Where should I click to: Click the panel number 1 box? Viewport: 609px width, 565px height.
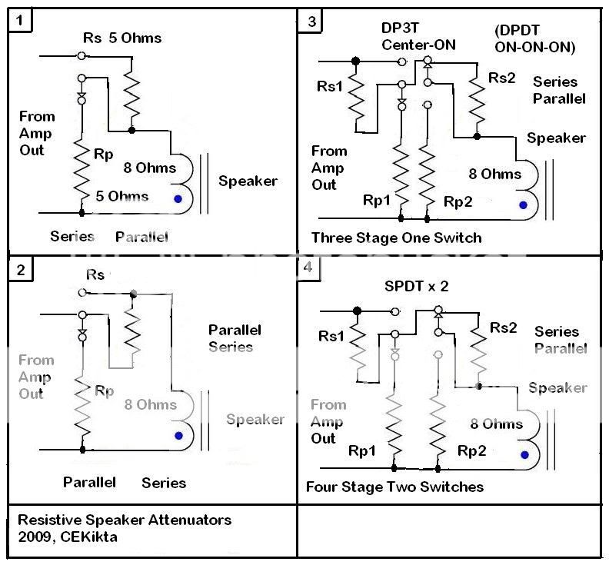(x=21, y=20)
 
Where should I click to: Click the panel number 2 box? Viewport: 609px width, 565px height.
(x=21, y=269)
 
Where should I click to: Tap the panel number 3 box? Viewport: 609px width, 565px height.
(x=311, y=21)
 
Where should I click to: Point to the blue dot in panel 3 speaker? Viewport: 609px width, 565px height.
(x=523, y=204)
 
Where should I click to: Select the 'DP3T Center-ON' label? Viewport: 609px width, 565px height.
(x=418, y=36)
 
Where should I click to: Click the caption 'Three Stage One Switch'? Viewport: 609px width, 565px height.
(x=396, y=237)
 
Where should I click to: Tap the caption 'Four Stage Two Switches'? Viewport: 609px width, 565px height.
(x=394, y=487)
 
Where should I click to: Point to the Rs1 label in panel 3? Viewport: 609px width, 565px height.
(x=330, y=86)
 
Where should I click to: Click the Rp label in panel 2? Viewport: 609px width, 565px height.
(x=104, y=391)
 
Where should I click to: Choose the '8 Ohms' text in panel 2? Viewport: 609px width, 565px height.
(x=150, y=404)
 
